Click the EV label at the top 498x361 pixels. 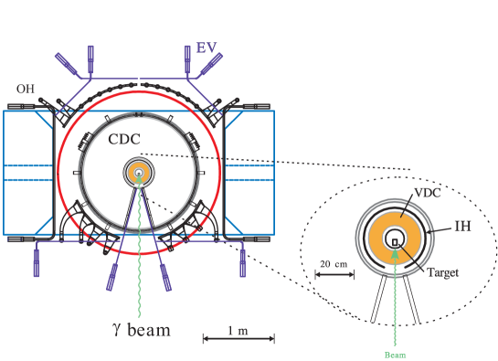point(207,48)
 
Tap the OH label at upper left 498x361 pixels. point(25,89)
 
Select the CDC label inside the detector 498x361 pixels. point(124,140)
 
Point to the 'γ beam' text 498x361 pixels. point(141,329)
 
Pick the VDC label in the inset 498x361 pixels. point(428,194)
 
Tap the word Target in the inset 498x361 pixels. point(442,272)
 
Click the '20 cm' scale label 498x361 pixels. point(334,263)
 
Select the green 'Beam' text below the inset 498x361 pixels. point(395,355)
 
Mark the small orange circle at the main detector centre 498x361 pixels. point(139,172)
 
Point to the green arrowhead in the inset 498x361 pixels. point(395,251)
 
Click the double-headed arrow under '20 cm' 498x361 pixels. point(334,274)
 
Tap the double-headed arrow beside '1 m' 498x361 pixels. point(238,339)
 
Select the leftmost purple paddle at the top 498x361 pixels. point(67,64)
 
